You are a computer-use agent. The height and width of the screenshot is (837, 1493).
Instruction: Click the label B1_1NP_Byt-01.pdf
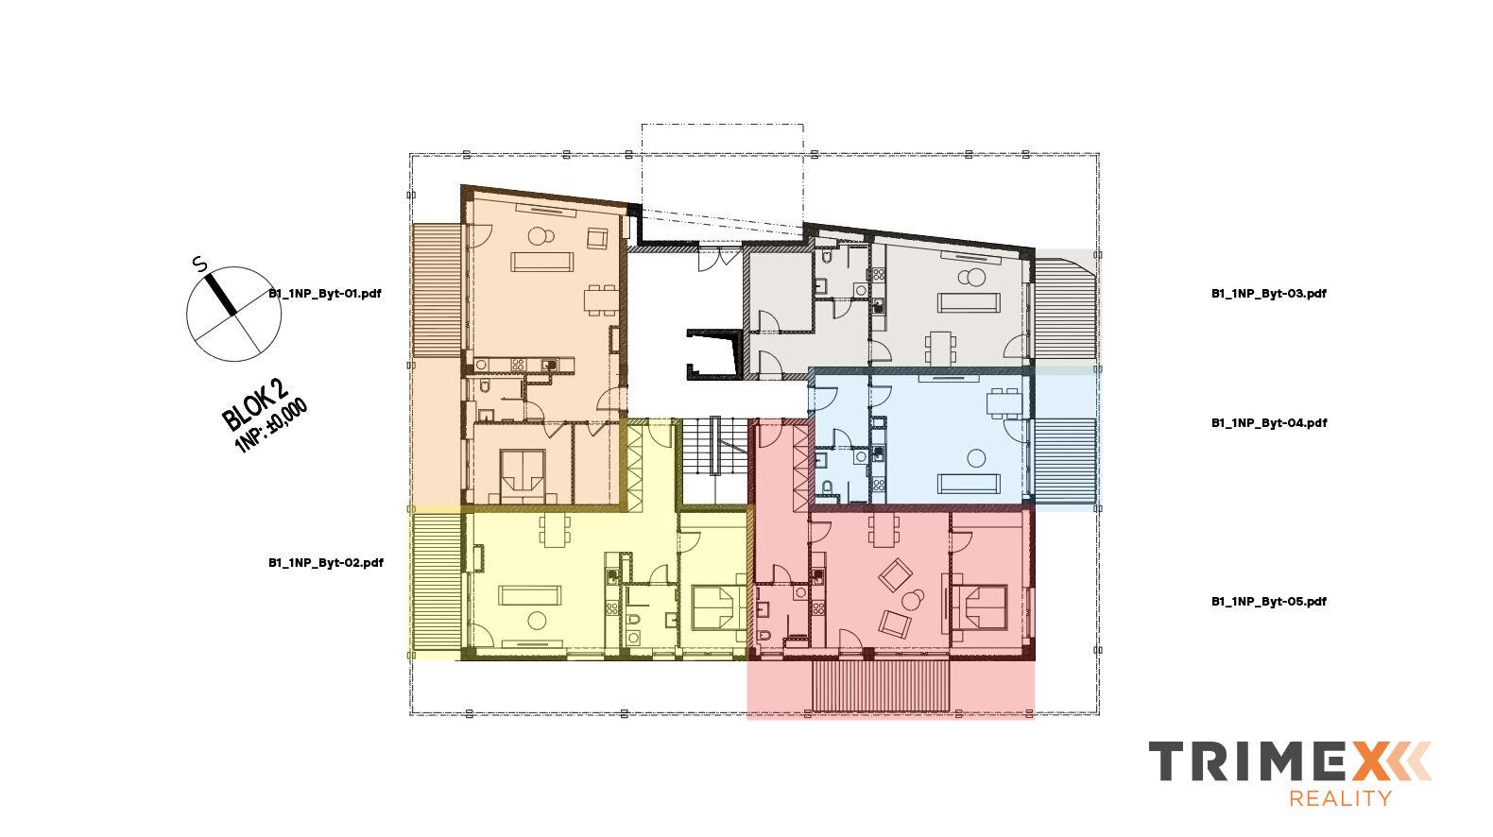click(x=324, y=294)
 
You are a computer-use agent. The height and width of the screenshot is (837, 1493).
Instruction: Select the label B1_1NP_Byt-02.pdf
click(x=325, y=563)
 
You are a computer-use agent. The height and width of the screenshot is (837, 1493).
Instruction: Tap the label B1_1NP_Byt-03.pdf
click(x=1268, y=294)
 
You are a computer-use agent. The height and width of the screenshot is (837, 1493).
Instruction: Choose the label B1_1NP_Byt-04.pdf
click(x=1268, y=423)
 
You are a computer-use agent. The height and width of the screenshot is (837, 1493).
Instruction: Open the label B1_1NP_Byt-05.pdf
click(x=1268, y=602)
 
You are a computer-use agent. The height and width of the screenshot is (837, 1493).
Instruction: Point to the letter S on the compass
click(x=199, y=265)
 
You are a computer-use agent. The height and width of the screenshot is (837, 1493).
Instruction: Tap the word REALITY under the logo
click(x=1340, y=799)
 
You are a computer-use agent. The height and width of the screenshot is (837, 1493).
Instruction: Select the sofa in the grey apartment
click(x=969, y=302)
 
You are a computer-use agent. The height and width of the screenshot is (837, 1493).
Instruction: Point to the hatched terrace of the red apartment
click(x=880, y=687)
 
